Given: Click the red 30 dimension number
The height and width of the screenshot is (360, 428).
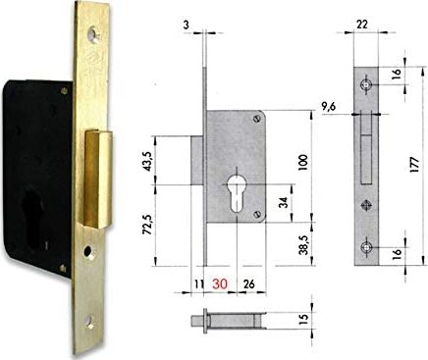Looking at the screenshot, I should pos(221,284).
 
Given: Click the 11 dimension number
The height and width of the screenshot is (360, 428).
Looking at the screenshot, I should pos(199,284).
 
